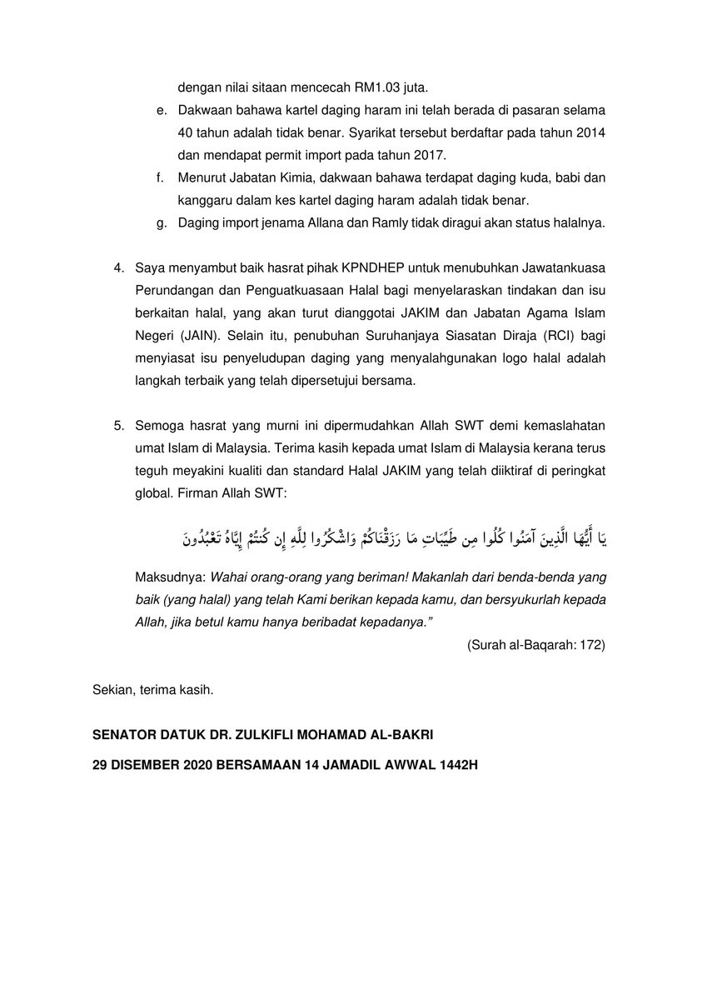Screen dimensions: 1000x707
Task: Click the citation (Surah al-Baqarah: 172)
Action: [536, 645]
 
